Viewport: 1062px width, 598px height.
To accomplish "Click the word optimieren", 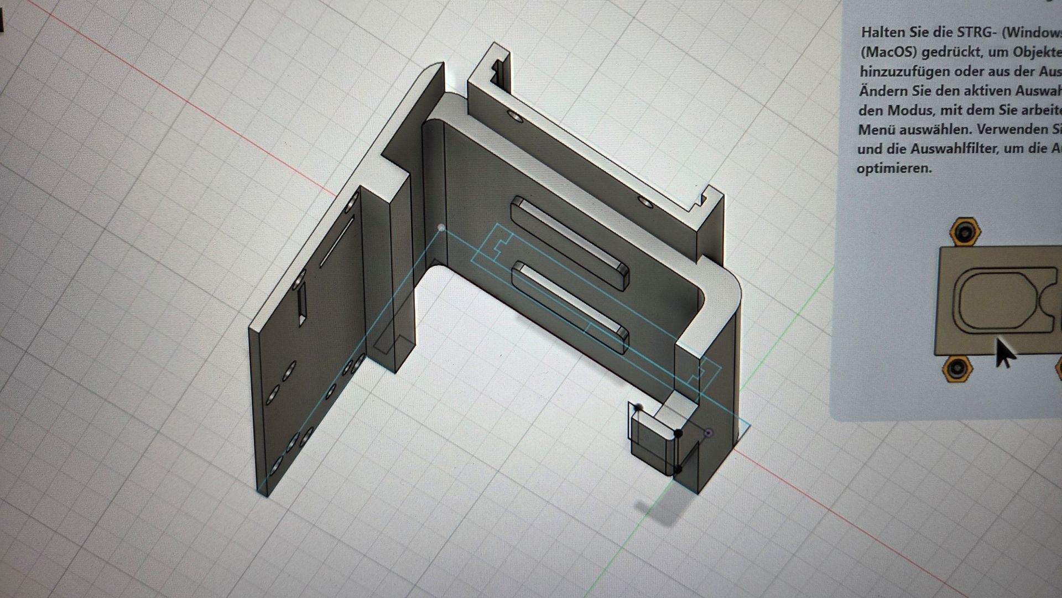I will tap(894, 168).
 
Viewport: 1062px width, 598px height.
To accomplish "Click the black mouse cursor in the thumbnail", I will tap(1005, 353).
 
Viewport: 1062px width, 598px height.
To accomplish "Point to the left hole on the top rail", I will tap(513, 118).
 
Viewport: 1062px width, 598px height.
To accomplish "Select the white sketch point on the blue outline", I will tap(441, 227).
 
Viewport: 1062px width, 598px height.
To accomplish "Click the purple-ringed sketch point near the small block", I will tap(709, 433).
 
